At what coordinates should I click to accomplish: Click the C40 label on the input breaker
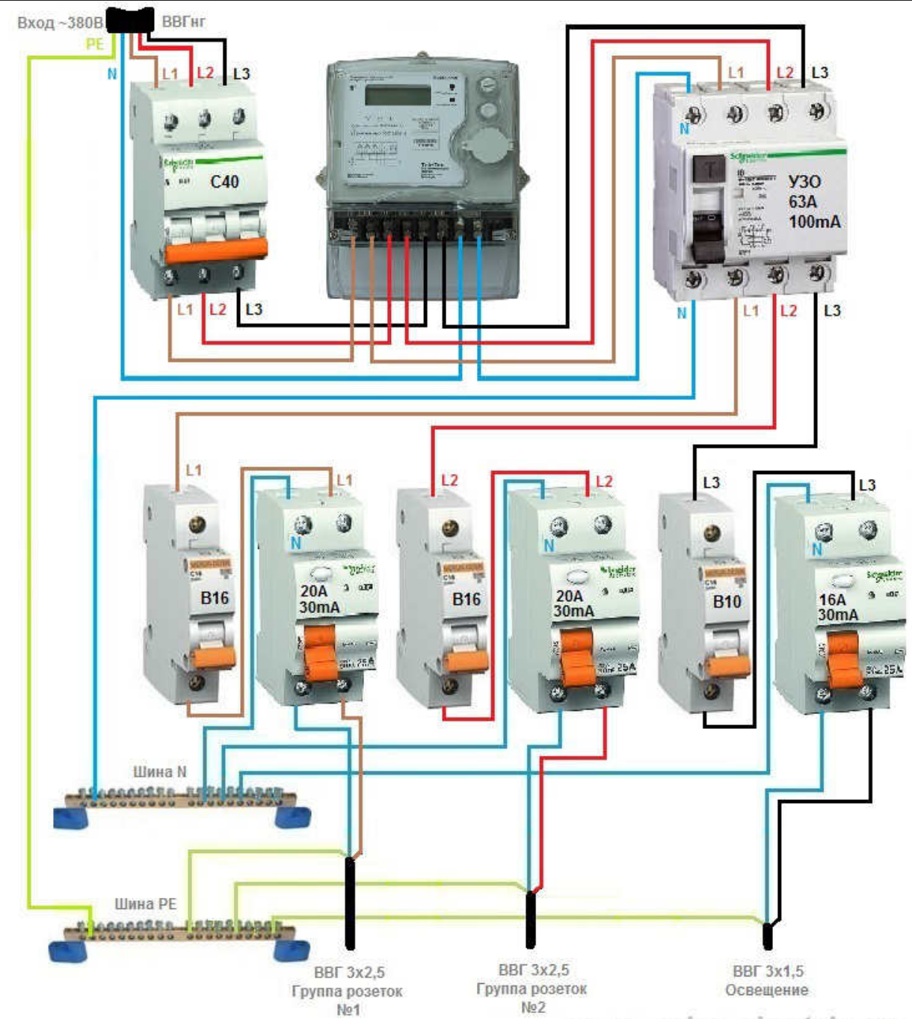[224, 182]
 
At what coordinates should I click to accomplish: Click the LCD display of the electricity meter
[397, 95]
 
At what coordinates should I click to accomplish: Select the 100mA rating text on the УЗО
[814, 222]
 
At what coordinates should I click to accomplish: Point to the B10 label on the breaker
[727, 601]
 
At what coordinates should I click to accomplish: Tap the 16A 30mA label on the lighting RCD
[838, 607]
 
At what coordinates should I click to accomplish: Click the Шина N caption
[159, 772]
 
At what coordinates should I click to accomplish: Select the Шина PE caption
[145, 904]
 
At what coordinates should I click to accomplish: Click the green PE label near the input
[94, 44]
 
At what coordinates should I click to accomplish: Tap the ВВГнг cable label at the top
[183, 22]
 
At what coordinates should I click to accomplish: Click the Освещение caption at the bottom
[766, 990]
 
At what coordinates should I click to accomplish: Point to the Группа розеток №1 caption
[347, 991]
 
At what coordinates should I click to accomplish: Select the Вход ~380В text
[60, 22]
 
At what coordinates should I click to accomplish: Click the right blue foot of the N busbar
[292, 816]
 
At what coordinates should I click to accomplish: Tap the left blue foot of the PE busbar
[68, 951]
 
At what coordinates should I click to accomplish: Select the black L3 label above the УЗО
[819, 73]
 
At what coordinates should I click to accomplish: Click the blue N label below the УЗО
[681, 313]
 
